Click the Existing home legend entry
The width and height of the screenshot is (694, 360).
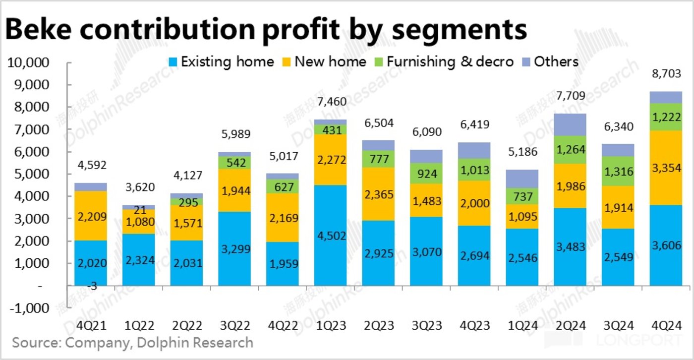click(220, 61)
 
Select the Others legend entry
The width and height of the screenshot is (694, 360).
click(550, 61)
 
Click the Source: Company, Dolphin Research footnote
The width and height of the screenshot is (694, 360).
click(132, 343)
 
